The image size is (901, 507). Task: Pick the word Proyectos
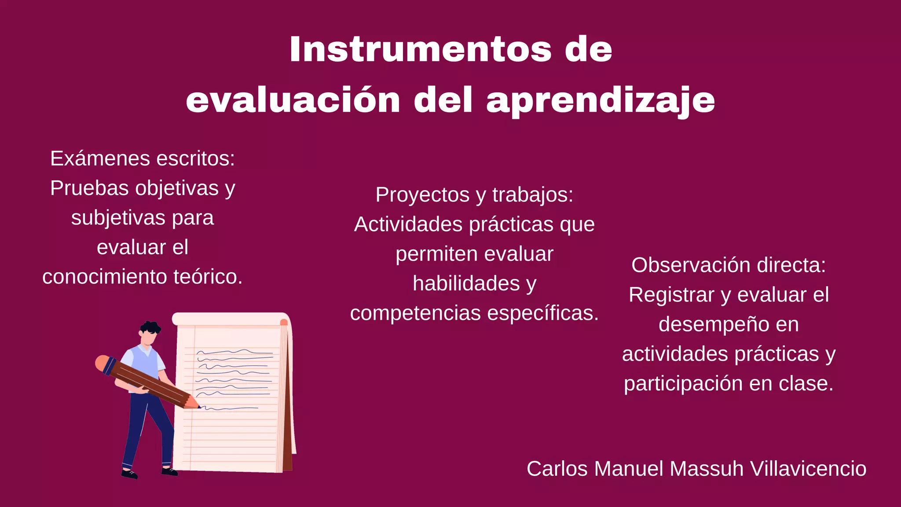[422, 195]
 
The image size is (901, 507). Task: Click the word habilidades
[466, 283]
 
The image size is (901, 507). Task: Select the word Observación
[691, 265]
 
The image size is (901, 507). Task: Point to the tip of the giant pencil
[198, 406]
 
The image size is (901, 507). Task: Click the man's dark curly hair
[150, 327]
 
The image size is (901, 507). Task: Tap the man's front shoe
[169, 472]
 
